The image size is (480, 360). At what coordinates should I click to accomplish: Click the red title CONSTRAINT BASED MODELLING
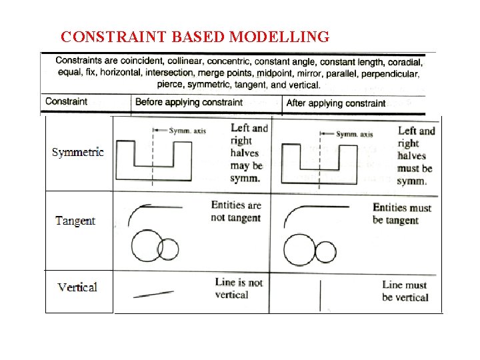195,37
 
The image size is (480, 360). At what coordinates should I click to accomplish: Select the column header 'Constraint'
66,102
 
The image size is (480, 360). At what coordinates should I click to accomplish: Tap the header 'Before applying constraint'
189,103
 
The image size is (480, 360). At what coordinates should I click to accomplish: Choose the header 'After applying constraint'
335,103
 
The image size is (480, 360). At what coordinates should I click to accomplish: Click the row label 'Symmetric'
78,152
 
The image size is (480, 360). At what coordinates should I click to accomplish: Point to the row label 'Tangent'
75,221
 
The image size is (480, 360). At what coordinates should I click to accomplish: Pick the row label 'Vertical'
77,287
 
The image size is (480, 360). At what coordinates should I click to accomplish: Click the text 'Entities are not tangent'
236,211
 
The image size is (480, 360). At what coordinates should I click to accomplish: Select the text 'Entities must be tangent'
402,214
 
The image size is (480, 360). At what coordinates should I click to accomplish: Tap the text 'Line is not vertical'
239,288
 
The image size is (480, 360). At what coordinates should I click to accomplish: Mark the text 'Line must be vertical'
405,291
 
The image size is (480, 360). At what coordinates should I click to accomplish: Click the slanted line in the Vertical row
153,293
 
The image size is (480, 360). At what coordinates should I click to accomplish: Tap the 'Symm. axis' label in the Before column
187,131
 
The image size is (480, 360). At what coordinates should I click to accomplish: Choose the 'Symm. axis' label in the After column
354,134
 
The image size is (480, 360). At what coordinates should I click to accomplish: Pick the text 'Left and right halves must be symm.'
415,156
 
